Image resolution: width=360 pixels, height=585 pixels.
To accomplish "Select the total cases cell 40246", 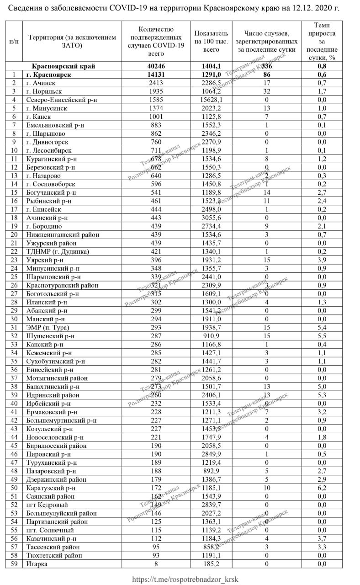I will [157, 66].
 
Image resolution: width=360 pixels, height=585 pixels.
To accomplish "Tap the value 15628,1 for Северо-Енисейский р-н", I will [208, 100].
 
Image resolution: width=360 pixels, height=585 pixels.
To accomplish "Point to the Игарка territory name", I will [37, 564].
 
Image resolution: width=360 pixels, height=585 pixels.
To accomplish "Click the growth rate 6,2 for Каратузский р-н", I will [322, 488].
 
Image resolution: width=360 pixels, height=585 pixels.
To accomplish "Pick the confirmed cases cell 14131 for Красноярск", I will [157, 74].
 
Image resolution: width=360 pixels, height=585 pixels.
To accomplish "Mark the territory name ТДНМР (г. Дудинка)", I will [58, 251].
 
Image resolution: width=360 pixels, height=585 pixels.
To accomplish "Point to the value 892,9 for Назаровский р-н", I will [208, 471].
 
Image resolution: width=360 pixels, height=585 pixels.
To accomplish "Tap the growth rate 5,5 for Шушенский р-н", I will [322, 336].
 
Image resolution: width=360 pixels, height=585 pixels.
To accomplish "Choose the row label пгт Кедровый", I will [47, 505].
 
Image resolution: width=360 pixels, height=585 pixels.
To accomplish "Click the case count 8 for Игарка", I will [157, 564].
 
